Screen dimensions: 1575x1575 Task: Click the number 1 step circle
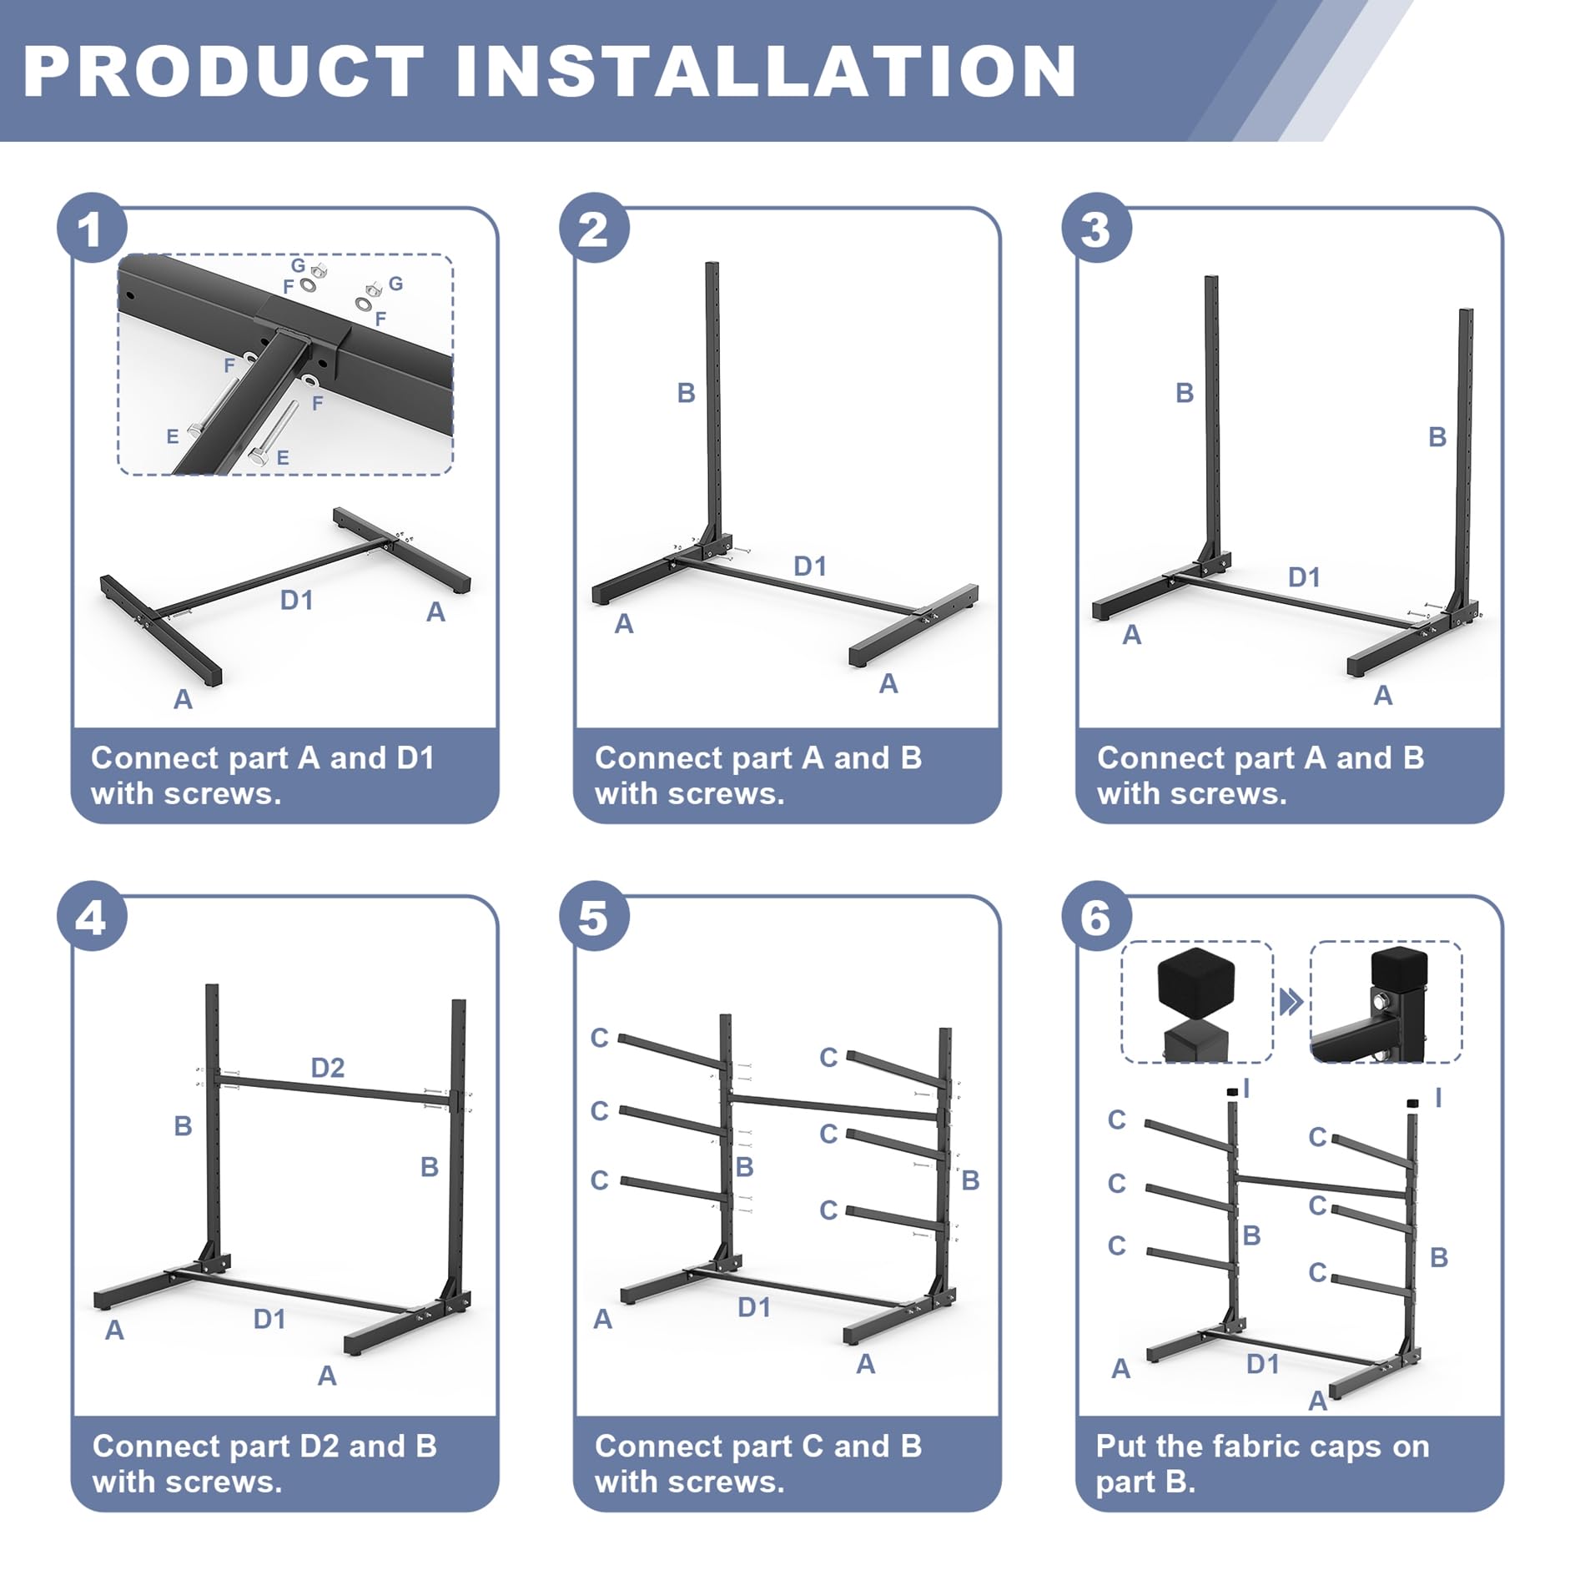92,228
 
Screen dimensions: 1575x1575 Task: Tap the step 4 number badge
92,916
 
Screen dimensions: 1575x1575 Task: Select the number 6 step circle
1096,916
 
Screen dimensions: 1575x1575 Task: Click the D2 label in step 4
328,1068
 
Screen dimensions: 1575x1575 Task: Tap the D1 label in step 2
810,566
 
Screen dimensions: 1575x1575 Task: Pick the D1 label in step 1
297,600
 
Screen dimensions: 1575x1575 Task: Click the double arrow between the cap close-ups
1291,1001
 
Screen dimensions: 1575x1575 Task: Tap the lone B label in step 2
686,393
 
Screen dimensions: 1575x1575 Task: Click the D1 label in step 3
1304,577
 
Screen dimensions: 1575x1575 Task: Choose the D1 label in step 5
754,1307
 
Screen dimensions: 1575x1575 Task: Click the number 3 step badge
1096,228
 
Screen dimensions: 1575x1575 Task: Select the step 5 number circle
594,916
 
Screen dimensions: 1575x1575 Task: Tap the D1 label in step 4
269,1319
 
